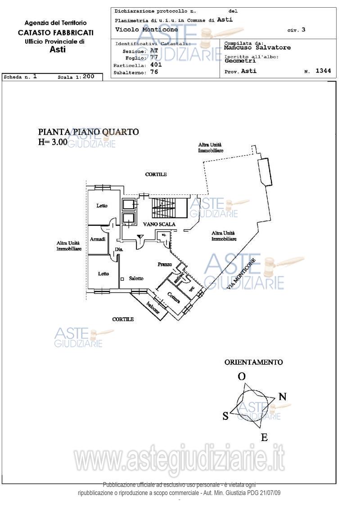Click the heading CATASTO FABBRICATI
pyautogui.click(x=56, y=32)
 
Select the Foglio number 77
pyautogui.click(x=154, y=58)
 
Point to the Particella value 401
pyautogui.click(x=156, y=64)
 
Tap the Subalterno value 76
pyautogui.click(x=154, y=72)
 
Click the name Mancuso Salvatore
pyautogui.click(x=257, y=47)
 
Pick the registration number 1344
pyautogui.click(x=323, y=71)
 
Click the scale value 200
pyautogui.click(x=89, y=77)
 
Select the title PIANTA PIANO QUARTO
pyautogui.click(x=89, y=132)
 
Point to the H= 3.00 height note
pyautogui.click(x=53, y=142)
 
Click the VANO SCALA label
pyautogui.click(x=159, y=224)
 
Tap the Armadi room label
pyautogui.click(x=98, y=239)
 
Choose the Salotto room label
pyautogui.click(x=136, y=279)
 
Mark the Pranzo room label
pyautogui.click(x=165, y=264)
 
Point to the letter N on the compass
pyautogui.click(x=283, y=396)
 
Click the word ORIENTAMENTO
pyautogui.click(x=254, y=362)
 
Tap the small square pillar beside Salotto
pyautogui.click(x=122, y=279)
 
